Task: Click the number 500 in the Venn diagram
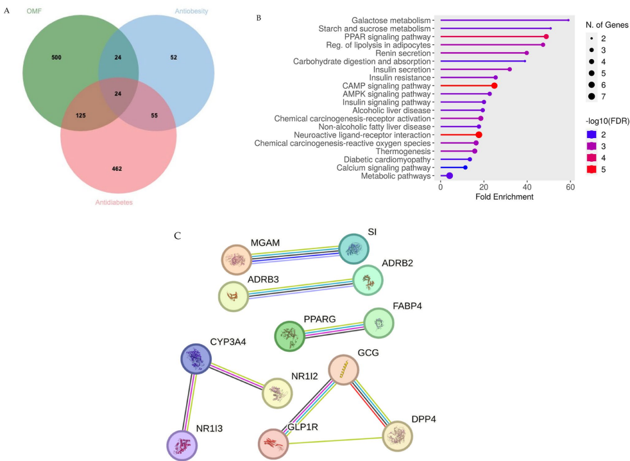pos(56,58)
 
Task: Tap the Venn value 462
pos(117,168)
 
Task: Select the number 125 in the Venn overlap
pos(80,116)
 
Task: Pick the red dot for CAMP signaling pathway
pos(494,85)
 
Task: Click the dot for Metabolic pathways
pos(450,176)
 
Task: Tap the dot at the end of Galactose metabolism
pos(568,20)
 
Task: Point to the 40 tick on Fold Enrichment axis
pos(527,187)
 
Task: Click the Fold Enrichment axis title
pos(504,196)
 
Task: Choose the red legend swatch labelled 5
pos(592,169)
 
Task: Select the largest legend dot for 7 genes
pos(590,97)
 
